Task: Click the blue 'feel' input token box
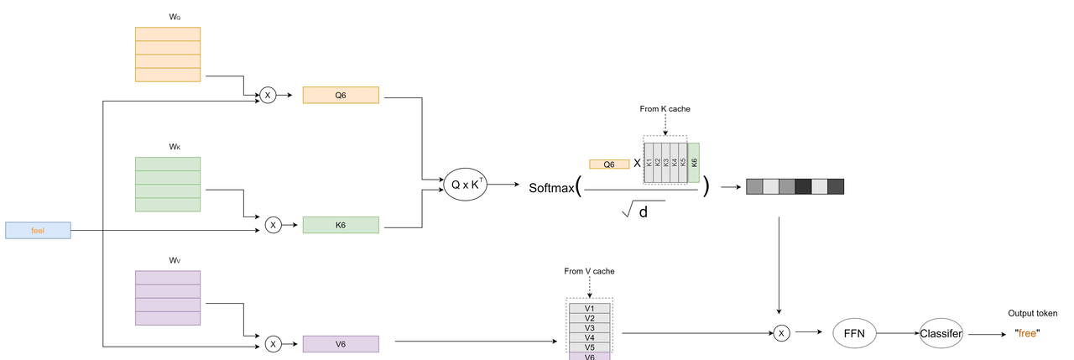point(38,230)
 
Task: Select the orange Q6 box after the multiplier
point(341,95)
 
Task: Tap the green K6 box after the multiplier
point(341,225)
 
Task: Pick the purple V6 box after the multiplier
point(341,344)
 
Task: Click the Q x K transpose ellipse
point(466,184)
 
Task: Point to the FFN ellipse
point(856,332)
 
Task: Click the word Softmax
point(551,187)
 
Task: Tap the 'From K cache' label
point(665,108)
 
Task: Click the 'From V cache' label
point(589,271)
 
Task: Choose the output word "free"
point(1028,333)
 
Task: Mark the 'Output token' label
point(1032,313)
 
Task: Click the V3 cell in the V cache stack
point(589,327)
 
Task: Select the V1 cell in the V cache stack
point(589,308)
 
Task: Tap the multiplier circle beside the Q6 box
point(268,95)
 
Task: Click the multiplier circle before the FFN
point(781,333)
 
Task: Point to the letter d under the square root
point(644,212)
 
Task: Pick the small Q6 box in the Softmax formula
point(609,164)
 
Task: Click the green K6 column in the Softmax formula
point(694,162)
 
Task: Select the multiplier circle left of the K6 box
point(273,225)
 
